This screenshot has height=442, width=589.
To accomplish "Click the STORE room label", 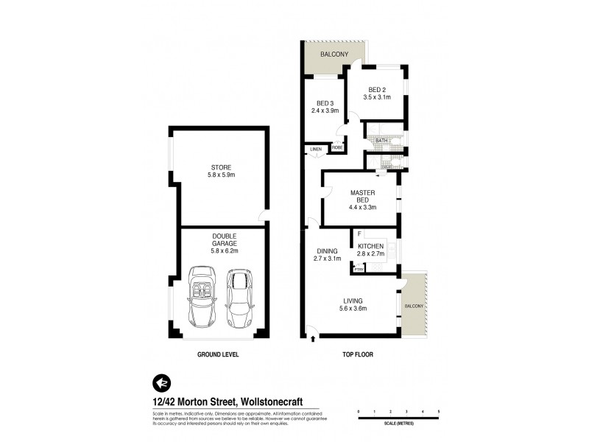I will [x=222, y=167].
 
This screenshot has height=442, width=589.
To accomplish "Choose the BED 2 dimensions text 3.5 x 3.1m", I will [x=376, y=97].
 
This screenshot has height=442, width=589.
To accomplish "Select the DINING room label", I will [x=327, y=251].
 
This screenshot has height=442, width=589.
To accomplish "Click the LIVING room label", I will [x=354, y=300].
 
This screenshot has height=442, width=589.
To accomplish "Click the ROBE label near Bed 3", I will [x=337, y=147].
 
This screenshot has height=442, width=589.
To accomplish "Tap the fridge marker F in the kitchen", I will [x=359, y=234].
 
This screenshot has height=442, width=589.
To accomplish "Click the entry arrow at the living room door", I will [x=314, y=338].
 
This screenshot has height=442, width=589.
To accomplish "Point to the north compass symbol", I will [x=160, y=383].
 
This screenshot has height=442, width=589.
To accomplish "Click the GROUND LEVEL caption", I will [x=218, y=354].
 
